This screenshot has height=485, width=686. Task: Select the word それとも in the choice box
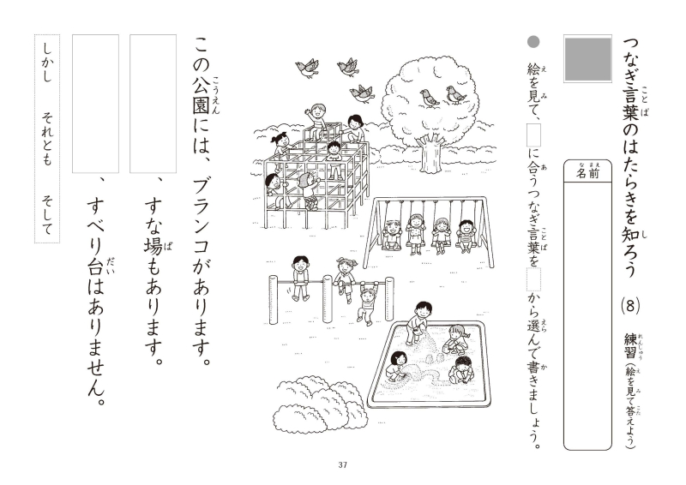[47, 140]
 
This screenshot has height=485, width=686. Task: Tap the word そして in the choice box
[47, 215]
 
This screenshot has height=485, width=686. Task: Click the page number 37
[342, 465]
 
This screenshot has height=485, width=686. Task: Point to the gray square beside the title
[587, 58]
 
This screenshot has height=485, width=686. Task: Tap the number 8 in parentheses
[630, 306]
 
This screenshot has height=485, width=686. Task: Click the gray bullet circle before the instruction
[533, 42]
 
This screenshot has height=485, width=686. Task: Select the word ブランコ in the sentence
[202, 218]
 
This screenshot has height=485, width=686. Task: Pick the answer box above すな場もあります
[153, 104]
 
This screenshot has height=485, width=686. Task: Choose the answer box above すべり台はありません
[95, 104]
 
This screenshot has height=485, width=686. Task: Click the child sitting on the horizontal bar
[300, 278]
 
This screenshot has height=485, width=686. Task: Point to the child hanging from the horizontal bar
[367, 302]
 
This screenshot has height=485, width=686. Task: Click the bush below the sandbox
[320, 405]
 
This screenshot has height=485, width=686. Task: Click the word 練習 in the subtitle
[630, 346]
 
